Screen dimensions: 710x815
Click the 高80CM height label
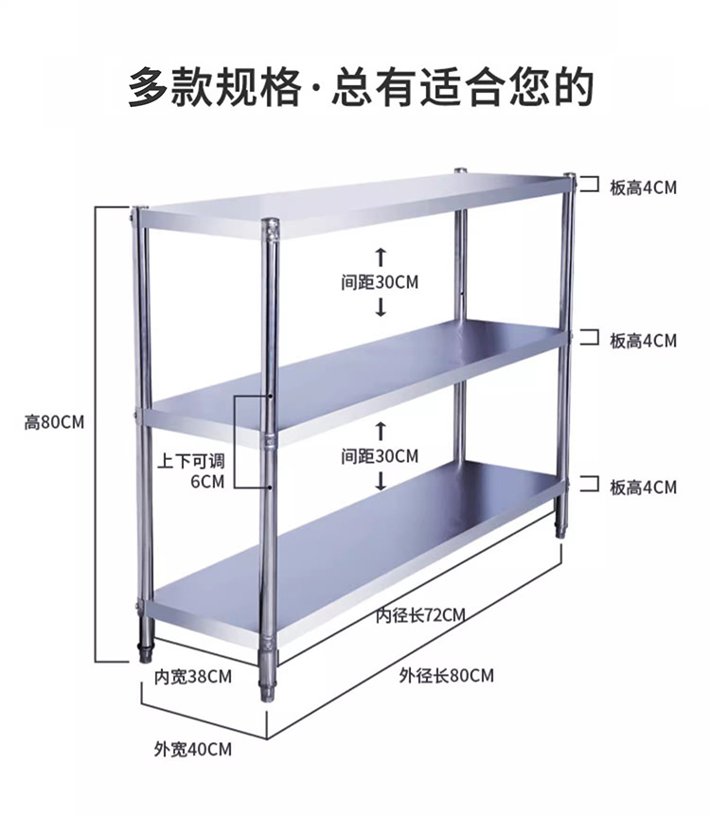(54, 423)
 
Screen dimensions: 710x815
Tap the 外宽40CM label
(192, 750)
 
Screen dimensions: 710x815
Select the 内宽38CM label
(193, 677)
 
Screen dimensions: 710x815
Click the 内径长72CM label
(420, 615)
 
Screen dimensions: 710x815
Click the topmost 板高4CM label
(643, 187)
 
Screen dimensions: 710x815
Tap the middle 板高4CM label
(643, 340)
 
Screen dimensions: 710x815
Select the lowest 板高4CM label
(643, 487)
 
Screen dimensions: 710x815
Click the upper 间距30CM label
(380, 282)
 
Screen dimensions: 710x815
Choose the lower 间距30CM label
(380, 456)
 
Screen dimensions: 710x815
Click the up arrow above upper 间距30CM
(381, 256)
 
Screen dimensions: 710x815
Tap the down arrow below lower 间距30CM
(381, 481)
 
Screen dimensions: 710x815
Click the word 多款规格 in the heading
(214, 87)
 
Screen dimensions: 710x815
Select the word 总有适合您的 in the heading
(463, 87)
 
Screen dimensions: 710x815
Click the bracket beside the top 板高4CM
(589, 185)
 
